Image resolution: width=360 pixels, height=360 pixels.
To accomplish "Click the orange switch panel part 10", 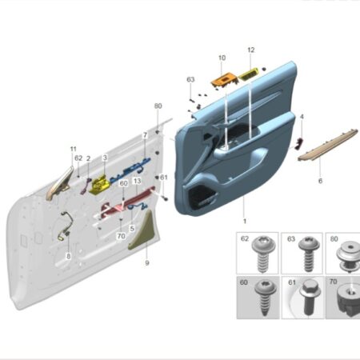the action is pyautogui.click(x=224, y=80).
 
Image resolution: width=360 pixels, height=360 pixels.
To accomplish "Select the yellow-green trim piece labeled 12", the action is pyautogui.click(x=249, y=74).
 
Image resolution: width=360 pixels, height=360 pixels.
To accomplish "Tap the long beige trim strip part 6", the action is pyautogui.click(x=328, y=145).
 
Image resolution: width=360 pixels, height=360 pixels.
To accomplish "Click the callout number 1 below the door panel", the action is pyautogui.click(x=245, y=221).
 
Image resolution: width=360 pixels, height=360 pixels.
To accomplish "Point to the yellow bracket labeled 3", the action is pyautogui.click(x=99, y=184).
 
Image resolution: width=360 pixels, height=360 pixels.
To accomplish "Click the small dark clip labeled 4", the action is pyautogui.click(x=299, y=143).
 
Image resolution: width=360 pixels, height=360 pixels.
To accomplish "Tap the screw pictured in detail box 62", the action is pyautogui.click(x=262, y=253).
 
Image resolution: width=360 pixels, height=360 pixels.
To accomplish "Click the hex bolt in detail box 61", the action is pyautogui.click(x=310, y=298).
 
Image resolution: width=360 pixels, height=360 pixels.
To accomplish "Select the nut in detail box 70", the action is pyautogui.click(x=350, y=299).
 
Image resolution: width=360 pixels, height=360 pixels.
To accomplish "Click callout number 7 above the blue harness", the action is pyautogui.click(x=145, y=135).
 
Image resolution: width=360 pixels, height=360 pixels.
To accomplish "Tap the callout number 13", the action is pyautogui.click(x=137, y=181).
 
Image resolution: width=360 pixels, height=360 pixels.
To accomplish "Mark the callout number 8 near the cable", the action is pyautogui.click(x=69, y=256).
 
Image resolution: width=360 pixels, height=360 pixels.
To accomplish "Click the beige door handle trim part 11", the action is pyautogui.click(x=60, y=184).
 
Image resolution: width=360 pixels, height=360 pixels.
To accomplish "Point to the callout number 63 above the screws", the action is pyautogui.click(x=190, y=79).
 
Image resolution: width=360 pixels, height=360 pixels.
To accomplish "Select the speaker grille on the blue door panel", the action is pyautogui.click(x=203, y=198).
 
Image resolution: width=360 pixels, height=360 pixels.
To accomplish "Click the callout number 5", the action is pyautogui.click(x=132, y=229).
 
